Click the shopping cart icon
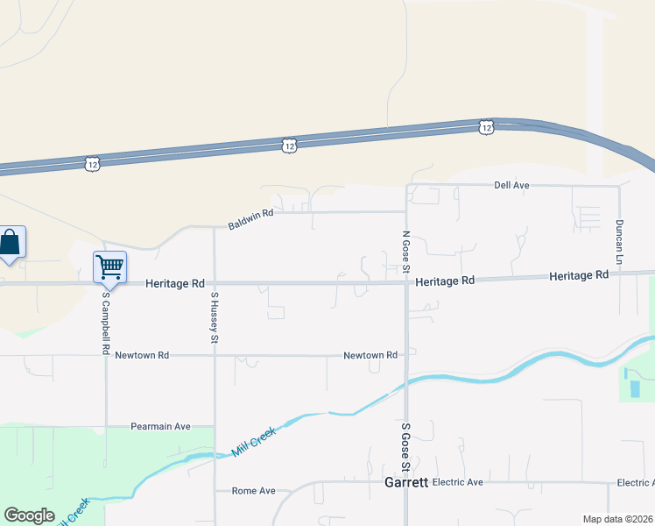pyautogui.click(x=110, y=266)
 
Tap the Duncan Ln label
pyautogui.click(x=619, y=242)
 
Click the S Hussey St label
pyautogui.click(x=215, y=317)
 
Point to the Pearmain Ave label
pyautogui.click(x=160, y=427)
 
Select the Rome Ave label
pyautogui.click(x=253, y=491)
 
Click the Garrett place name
pyautogui.click(x=406, y=483)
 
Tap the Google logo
pyautogui.click(x=29, y=515)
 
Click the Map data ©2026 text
pyautogui.click(x=617, y=519)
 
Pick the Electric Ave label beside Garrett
pyautogui.click(x=458, y=483)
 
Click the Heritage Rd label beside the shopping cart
pyautogui.click(x=174, y=284)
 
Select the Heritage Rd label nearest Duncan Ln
pyautogui.click(x=579, y=275)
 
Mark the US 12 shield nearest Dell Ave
pyautogui.click(x=487, y=127)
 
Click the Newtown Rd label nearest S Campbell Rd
pyautogui.click(x=142, y=355)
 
